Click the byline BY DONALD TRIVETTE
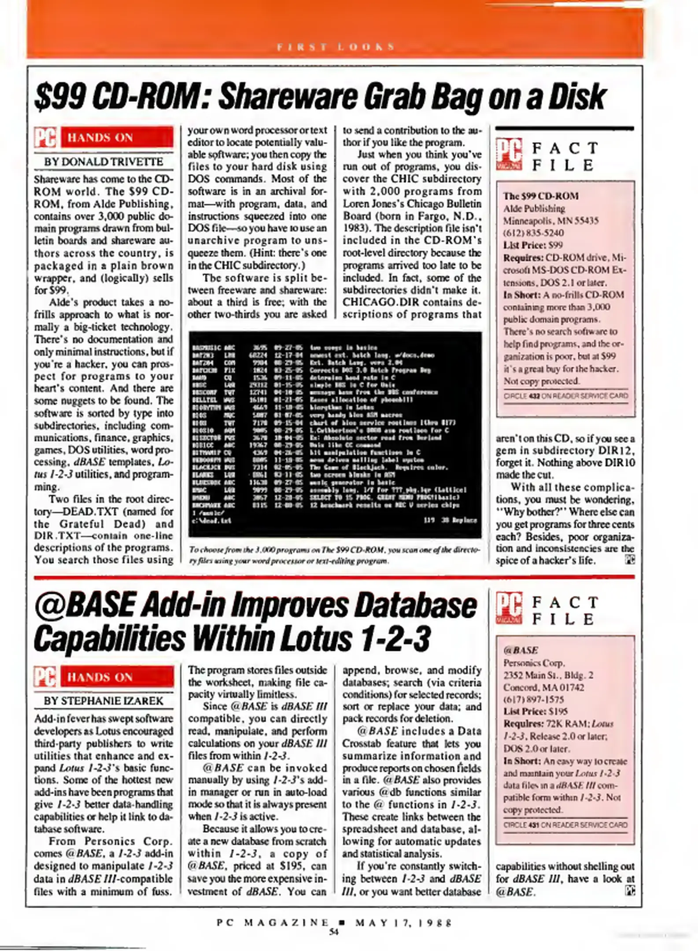click(103, 162)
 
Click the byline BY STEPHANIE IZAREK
click(103, 700)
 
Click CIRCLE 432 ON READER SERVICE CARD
click(565, 395)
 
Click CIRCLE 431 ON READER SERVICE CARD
click(565, 825)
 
